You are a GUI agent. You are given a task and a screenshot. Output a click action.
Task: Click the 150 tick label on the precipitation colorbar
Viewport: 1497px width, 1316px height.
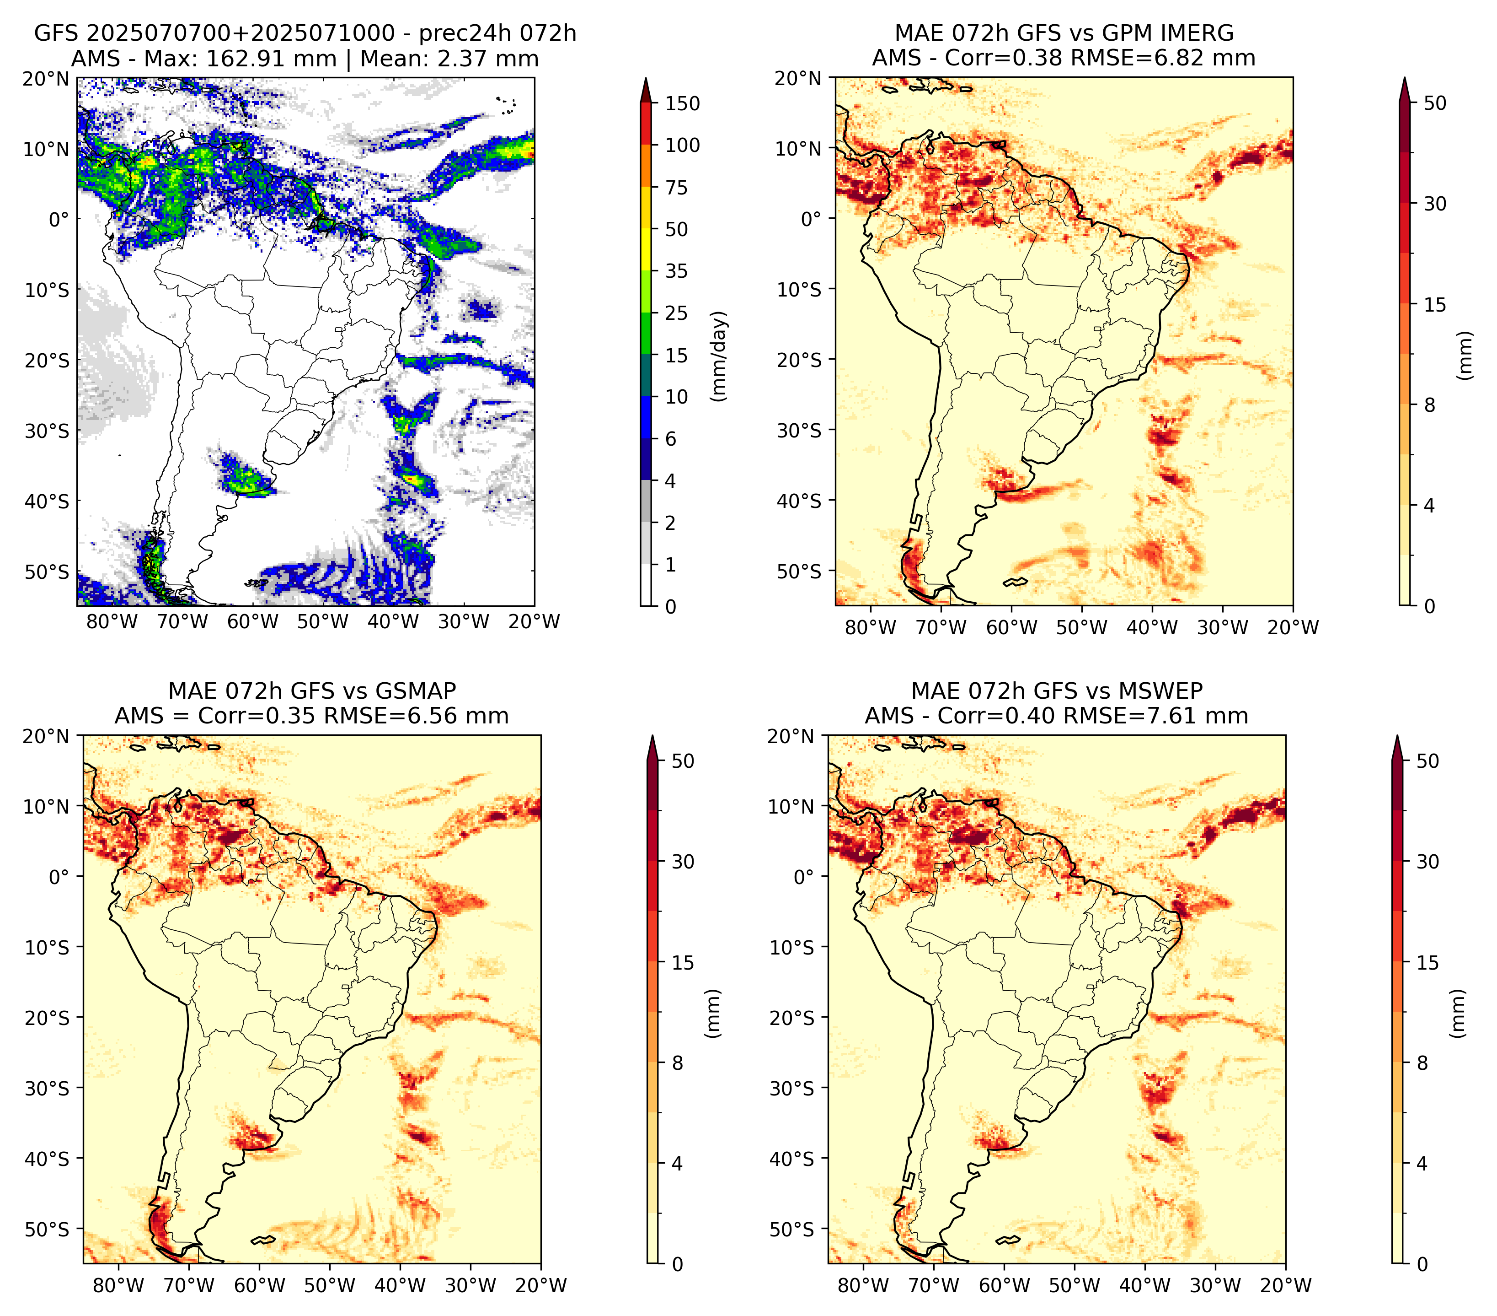point(683,103)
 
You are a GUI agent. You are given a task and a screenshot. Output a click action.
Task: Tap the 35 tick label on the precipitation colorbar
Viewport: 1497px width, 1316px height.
point(677,271)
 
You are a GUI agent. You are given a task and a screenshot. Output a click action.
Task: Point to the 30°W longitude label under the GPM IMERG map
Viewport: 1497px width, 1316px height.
point(1222,627)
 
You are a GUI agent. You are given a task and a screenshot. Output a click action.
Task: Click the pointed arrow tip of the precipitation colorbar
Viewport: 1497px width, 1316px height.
point(645,78)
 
